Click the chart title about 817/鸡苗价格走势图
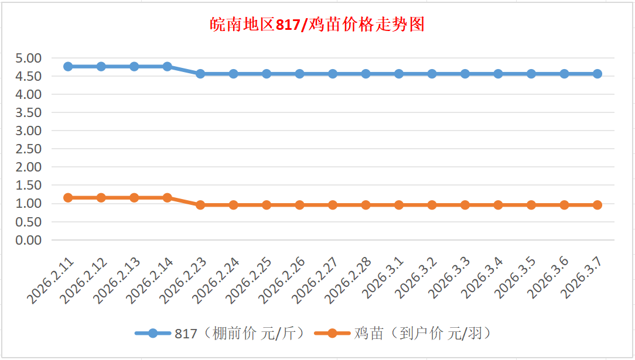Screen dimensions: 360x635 (317, 25)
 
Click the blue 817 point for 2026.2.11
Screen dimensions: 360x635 (68, 67)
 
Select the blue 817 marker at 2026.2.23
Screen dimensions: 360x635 (200, 74)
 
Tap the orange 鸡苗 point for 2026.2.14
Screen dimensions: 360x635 (168, 198)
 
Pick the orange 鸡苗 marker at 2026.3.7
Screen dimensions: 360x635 (598, 205)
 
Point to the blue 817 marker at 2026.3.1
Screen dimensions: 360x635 (399, 74)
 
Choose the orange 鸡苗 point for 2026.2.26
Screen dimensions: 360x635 (300, 205)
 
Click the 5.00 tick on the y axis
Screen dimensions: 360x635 (29, 58)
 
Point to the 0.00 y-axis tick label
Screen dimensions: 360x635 (29, 240)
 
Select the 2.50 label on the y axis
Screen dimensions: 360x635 (29, 149)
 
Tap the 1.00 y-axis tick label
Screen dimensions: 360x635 (29, 204)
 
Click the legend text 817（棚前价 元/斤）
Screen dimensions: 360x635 (240, 334)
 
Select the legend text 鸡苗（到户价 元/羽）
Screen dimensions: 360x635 (422, 334)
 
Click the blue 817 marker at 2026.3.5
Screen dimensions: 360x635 (531, 74)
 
